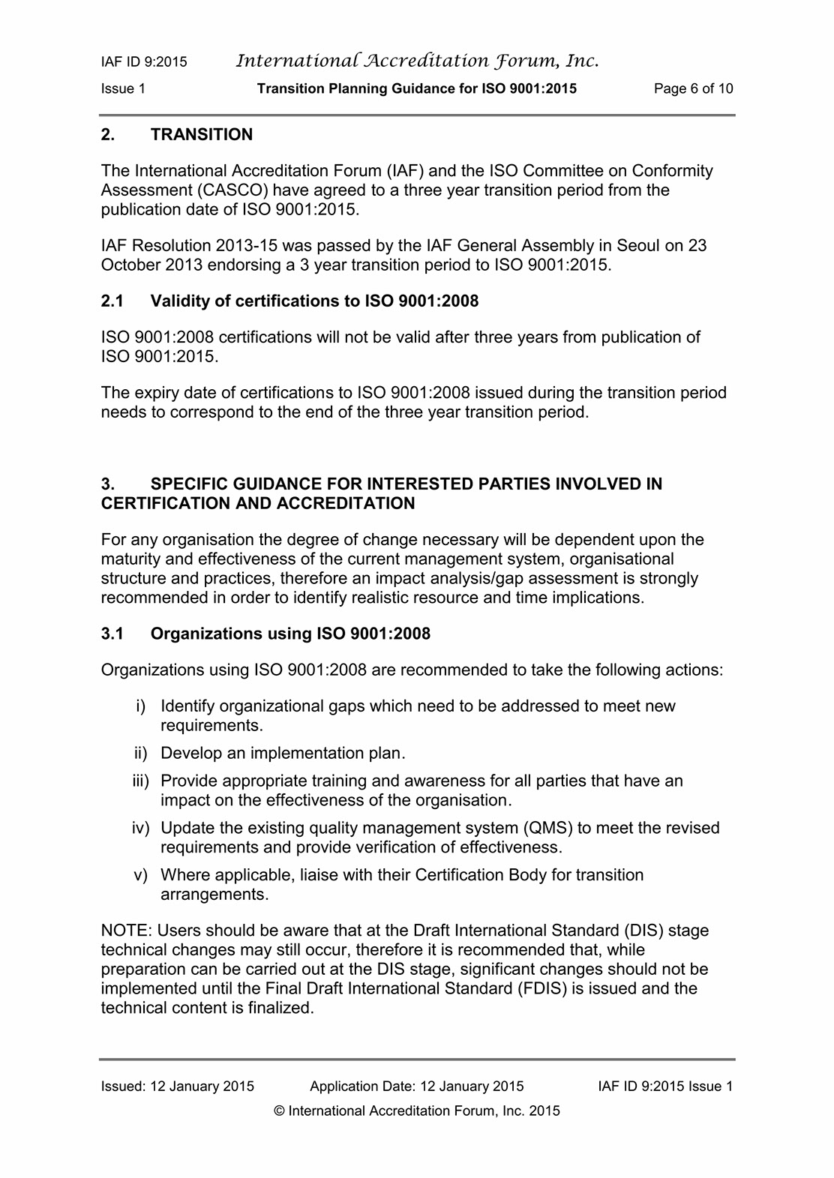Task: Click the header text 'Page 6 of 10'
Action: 693,88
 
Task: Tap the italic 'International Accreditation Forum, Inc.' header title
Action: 417,61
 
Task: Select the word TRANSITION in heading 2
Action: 202,135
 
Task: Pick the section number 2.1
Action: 112,301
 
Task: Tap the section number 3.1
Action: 112,634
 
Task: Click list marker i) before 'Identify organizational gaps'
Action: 140,706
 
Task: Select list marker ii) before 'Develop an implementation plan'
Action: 140,753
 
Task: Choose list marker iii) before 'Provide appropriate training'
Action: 140,781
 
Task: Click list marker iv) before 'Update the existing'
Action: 140,828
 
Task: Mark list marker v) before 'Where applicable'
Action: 140,875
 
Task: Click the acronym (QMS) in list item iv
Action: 548,828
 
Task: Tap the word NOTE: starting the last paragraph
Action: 126,931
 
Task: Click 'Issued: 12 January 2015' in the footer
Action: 178,1087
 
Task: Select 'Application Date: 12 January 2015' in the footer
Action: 416,1087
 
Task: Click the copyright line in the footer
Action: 417,1111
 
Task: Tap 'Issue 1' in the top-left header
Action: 123,88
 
